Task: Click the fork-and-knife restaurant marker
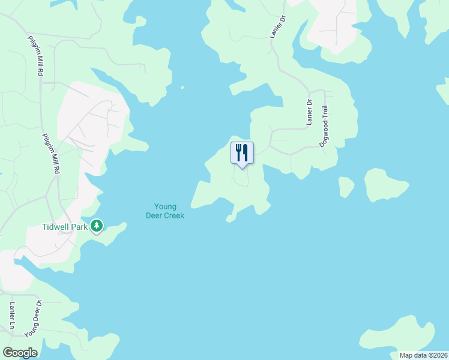click(242, 153)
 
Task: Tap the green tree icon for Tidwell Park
click(96, 226)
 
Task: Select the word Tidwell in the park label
click(56, 227)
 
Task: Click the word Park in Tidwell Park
click(80, 227)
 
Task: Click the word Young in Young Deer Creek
click(165, 207)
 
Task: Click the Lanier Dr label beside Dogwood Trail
click(310, 112)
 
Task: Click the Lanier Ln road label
click(11, 316)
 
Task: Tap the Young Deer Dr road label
click(34, 319)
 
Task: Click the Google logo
click(20, 353)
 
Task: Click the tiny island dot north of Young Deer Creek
click(182, 88)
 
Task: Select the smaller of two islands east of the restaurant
click(346, 186)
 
